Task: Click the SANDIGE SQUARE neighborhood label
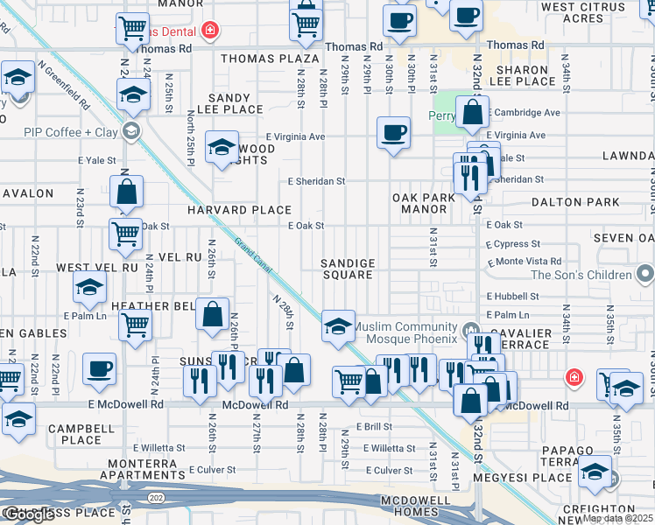tap(348, 269)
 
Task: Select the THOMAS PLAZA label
tap(270, 59)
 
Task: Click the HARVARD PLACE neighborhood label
tap(239, 210)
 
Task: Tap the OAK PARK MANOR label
tap(424, 203)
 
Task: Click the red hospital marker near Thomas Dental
tap(210, 31)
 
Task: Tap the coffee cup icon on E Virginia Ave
tap(393, 133)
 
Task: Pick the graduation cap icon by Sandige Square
tap(338, 325)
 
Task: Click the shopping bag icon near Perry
tap(472, 112)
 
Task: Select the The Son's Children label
tap(581, 275)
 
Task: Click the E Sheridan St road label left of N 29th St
tap(317, 181)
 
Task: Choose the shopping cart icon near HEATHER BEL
tap(135, 325)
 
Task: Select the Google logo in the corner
tap(28, 514)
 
